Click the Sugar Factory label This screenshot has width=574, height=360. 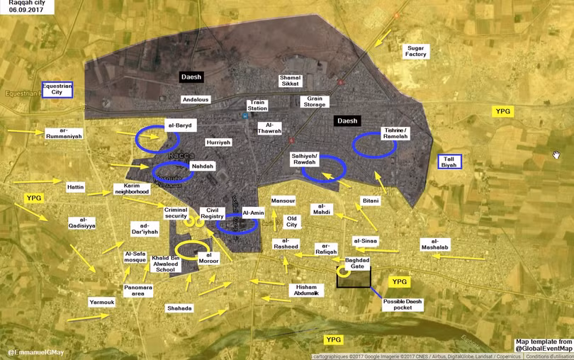click(416, 51)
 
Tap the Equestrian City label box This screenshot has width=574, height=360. click(57, 89)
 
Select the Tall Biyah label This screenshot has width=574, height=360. click(449, 162)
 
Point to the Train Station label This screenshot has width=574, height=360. click(257, 105)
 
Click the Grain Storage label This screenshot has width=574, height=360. click(314, 101)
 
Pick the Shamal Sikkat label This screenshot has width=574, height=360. click(291, 81)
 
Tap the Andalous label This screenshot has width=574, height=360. click(196, 100)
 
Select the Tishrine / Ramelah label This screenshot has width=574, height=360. click(395, 133)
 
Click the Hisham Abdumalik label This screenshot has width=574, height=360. click(308, 289)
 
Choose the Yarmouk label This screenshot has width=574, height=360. click(101, 303)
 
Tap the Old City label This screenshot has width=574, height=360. click(291, 222)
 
